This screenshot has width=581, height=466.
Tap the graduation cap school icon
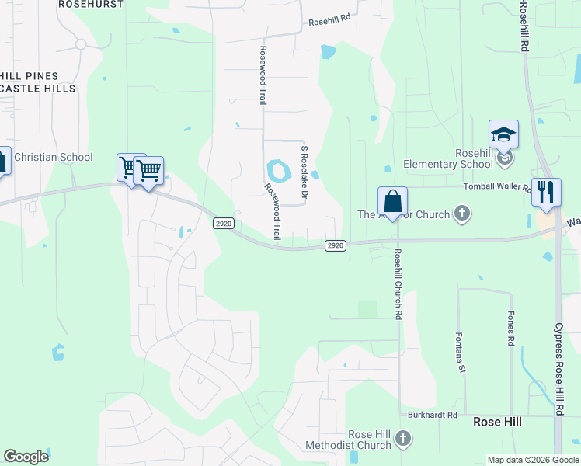click(x=503, y=134)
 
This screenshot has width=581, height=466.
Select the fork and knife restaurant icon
click(x=547, y=192)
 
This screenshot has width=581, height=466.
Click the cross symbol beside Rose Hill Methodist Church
click(x=402, y=440)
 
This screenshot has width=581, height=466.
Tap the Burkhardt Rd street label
click(x=433, y=416)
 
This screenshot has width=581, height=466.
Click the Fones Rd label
click(x=511, y=329)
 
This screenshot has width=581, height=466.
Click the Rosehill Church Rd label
click(x=397, y=284)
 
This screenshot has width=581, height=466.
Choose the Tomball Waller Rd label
click(x=496, y=186)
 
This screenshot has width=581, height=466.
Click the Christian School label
click(x=52, y=158)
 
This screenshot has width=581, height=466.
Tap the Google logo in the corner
click(x=26, y=457)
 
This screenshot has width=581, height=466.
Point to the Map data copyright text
click(x=533, y=460)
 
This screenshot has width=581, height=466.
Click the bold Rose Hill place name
click(x=497, y=422)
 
